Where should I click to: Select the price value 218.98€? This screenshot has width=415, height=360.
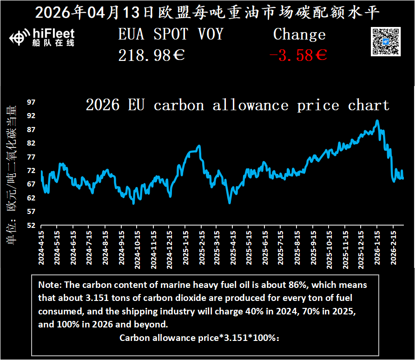point(152,56)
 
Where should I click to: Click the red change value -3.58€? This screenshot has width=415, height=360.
point(298,56)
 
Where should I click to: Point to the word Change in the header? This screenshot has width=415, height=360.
point(299,34)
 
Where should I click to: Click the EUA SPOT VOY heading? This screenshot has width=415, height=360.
point(171,34)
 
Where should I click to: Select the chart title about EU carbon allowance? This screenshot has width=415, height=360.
point(237,105)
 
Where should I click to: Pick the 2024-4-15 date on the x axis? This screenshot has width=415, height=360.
point(41,248)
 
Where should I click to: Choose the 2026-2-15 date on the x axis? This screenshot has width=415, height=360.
point(393,248)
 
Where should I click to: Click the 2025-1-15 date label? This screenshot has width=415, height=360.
point(185,248)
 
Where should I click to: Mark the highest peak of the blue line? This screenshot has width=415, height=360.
point(377,121)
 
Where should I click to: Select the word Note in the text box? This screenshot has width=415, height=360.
point(48,285)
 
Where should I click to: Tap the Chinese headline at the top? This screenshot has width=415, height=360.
point(207,13)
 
